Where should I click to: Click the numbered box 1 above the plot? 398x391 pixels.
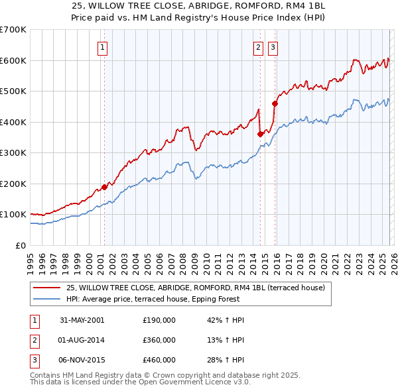pyautogui.click(x=103, y=47)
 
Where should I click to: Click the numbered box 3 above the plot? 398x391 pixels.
pyautogui.click(x=273, y=47)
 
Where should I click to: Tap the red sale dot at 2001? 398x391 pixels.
pyautogui.click(x=104, y=187)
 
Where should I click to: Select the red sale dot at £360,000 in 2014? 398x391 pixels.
pyautogui.click(x=260, y=135)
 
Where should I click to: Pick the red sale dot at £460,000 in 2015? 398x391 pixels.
pyautogui.click(x=275, y=103)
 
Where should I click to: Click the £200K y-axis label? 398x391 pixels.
pyautogui.click(x=13, y=184)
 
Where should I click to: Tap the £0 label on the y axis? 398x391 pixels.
pyautogui.click(x=20, y=245)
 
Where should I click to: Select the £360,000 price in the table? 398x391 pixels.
pyautogui.click(x=159, y=340)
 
